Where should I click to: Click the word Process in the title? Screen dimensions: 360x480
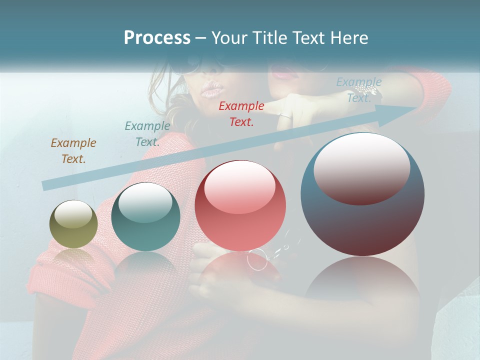[x=157, y=38]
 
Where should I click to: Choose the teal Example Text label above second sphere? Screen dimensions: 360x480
[x=147, y=133]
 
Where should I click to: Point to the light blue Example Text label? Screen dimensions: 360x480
[x=359, y=90]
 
